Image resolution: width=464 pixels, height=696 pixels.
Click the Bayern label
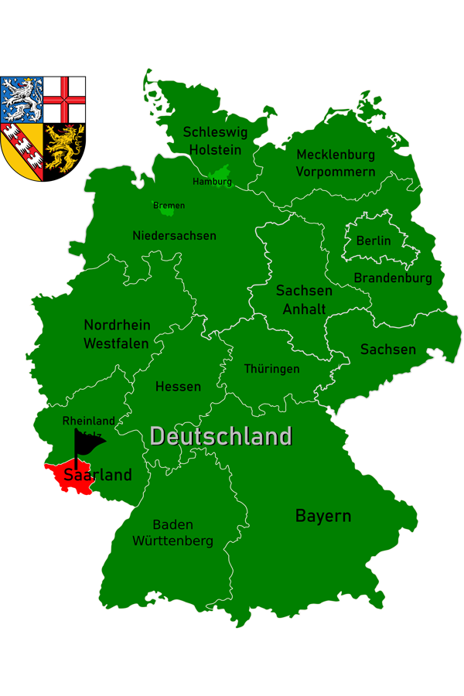point(323,516)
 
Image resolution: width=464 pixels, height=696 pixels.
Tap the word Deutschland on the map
point(221,436)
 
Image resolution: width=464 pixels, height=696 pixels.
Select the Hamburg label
point(212,182)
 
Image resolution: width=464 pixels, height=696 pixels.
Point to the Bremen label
point(169,206)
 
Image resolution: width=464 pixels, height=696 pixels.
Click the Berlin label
point(374,241)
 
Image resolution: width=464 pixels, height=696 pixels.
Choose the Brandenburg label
point(393,278)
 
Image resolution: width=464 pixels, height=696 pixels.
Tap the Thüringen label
point(271,369)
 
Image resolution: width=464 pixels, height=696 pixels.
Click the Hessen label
point(178,387)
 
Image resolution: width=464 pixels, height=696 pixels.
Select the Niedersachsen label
point(174,236)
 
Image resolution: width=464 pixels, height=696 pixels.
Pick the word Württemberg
point(172,541)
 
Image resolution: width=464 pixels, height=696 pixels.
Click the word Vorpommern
point(336,172)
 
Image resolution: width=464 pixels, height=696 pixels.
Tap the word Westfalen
point(116,343)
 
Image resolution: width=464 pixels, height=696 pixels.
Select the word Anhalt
point(304,309)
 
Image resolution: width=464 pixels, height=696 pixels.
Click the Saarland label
point(97,475)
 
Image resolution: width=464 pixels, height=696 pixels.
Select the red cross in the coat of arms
point(64,99)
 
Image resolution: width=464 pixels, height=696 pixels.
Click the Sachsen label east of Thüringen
point(388,350)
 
